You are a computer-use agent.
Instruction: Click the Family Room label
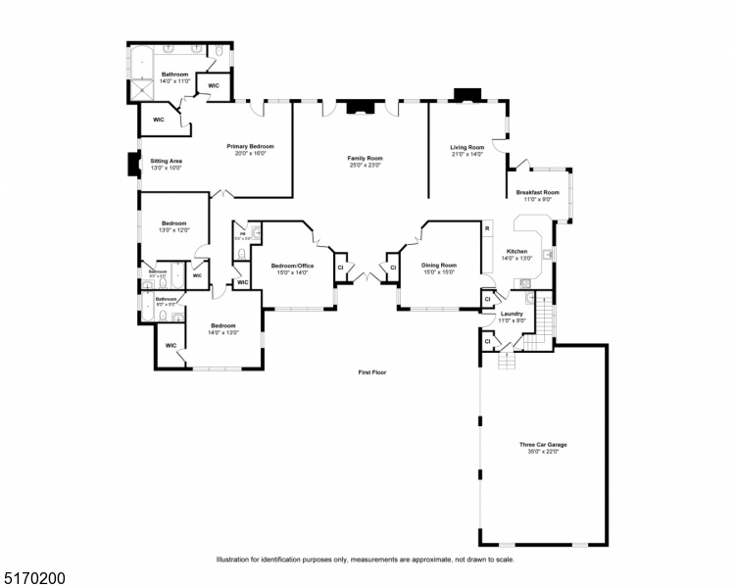[x=365, y=158]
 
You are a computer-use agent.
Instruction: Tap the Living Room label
[x=467, y=147]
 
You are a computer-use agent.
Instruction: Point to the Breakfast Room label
[x=538, y=192]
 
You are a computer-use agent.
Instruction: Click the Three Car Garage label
[x=543, y=445]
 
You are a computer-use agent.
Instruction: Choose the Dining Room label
[x=440, y=265]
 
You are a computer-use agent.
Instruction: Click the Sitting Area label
[x=167, y=161]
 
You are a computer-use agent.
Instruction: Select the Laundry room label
[x=513, y=314]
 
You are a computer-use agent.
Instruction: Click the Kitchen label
[x=516, y=251]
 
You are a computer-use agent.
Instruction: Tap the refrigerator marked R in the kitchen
[x=487, y=228]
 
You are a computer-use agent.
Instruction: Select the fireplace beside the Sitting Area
[x=132, y=165]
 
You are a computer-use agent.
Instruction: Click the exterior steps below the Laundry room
[x=507, y=361]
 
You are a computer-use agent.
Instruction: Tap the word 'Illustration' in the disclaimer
[x=235, y=560]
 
